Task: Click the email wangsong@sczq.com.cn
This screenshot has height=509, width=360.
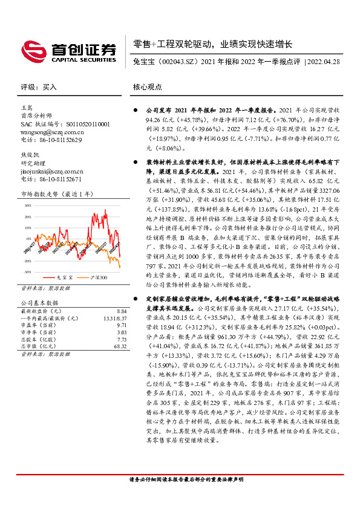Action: pos(52,131)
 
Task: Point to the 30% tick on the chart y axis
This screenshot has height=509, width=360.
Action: pos(28,206)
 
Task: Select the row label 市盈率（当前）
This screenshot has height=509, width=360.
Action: pos(41,325)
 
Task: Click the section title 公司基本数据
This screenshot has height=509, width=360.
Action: pos(41,301)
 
